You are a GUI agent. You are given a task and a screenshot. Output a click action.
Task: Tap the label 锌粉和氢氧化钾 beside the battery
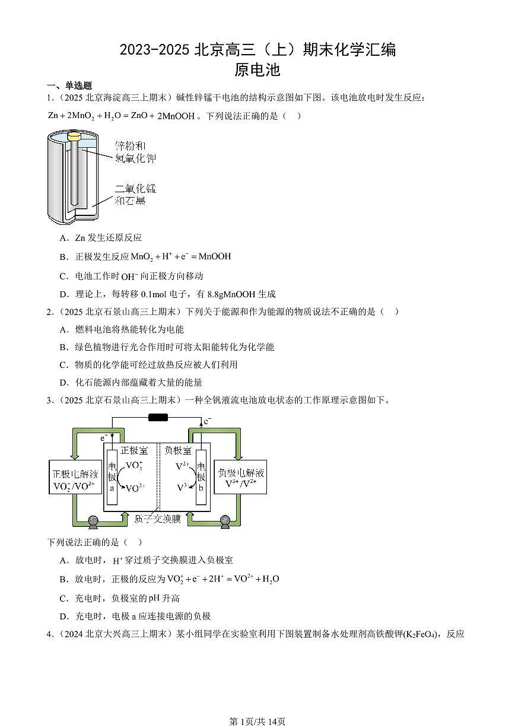[135, 152]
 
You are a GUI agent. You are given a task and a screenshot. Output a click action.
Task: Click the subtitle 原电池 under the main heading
[257, 70]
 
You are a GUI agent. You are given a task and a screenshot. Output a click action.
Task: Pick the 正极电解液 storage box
[74, 477]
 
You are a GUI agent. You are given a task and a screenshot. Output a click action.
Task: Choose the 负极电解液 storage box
[240, 477]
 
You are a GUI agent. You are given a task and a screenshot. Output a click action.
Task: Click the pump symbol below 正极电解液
[93, 522]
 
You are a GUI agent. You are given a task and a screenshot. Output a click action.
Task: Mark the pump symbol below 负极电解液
[225, 522]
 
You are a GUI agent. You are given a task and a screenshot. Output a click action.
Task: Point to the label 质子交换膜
[157, 519]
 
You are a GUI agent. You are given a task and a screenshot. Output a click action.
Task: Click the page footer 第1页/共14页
[257, 721]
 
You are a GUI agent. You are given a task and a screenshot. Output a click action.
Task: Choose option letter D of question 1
[63, 294]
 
